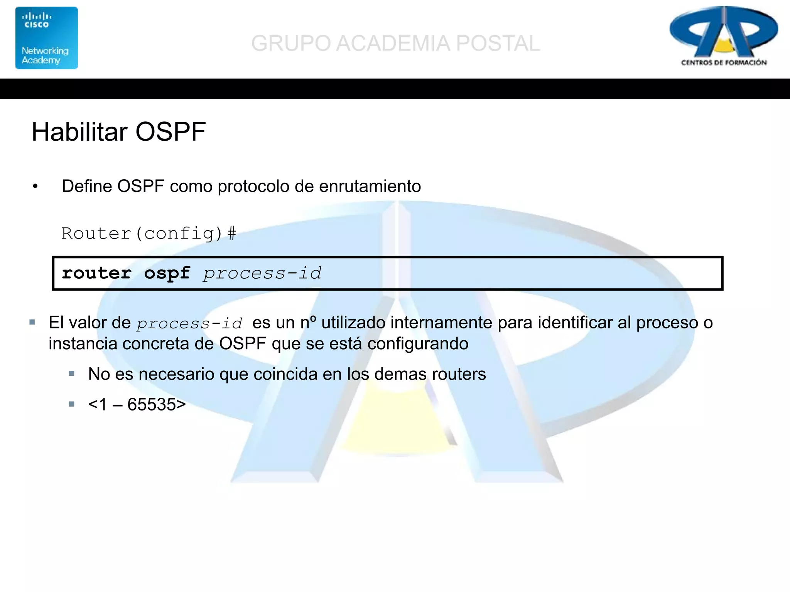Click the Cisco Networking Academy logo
[x=46, y=38]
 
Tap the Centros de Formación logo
[x=723, y=37]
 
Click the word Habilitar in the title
[x=79, y=132]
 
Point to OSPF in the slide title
[x=170, y=132]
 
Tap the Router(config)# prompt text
[x=149, y=234]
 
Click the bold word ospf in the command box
[x=167, y=273]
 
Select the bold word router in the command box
[x=96, y=273]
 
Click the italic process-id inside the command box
[x=262, y=273]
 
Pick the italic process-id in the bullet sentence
[x=189, y=323]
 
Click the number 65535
[x=152, y=404]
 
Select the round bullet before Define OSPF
[x=35, y=187]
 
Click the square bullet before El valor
[x=32, y=322]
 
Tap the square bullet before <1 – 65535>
[x=71, y=404]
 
